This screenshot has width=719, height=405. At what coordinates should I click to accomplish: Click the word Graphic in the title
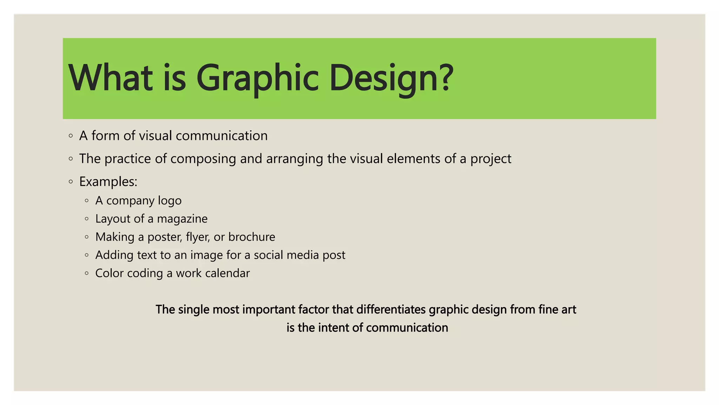(x=257, y=78)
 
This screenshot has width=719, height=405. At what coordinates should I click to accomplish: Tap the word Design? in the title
(x=391, y=78)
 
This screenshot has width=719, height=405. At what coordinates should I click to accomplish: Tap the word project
(x=491, y=159)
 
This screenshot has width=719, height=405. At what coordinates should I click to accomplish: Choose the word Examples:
(x=108, y=182)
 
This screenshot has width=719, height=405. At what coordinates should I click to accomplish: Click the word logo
(x=170, y=201)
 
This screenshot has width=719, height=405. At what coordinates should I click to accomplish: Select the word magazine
(x=182, y=219)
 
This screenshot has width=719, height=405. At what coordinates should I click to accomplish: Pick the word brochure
(x=252, y=237)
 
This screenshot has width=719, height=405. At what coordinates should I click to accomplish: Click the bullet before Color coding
(x=87, y=273)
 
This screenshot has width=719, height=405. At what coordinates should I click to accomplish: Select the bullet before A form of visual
(x=71, y=136)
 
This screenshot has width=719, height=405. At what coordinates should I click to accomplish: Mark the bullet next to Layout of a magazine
(x=87, y=219)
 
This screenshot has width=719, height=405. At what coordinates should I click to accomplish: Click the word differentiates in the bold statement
(x=391, y=309)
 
